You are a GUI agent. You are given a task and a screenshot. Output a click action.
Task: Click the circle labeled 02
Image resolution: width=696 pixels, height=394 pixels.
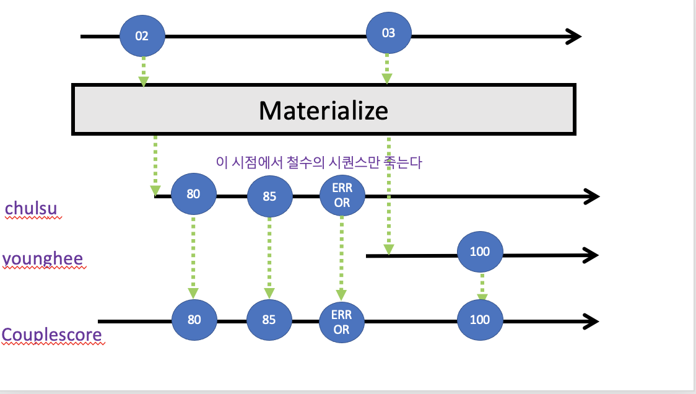142,35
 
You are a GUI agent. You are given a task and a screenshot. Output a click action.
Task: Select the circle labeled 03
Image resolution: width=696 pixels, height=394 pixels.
388,33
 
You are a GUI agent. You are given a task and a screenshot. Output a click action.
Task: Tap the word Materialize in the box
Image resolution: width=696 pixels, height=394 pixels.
323,110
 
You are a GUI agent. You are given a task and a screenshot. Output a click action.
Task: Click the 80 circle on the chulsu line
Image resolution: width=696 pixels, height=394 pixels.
193,194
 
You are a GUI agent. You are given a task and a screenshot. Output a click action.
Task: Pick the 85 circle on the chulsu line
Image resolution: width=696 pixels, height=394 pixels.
269,198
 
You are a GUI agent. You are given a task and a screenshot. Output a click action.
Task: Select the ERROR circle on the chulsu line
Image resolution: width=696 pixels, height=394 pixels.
342,196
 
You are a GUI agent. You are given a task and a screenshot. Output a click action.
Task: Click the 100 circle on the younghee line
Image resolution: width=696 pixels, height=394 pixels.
480,251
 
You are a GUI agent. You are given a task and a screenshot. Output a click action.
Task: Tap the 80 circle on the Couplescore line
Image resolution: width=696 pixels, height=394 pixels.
193,320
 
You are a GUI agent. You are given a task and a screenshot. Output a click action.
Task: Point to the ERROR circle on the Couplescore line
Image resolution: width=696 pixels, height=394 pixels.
342,322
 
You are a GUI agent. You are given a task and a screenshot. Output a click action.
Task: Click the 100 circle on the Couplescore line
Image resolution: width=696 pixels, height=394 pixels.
480,320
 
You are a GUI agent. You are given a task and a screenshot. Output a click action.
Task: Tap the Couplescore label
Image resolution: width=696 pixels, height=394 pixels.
51,335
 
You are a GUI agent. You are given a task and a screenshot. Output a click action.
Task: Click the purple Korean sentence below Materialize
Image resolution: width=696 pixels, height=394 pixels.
319,162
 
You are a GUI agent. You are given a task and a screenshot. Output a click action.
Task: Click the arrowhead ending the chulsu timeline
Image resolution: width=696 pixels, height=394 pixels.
591,197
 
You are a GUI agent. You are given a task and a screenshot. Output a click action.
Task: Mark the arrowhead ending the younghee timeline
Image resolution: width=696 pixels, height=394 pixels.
591,255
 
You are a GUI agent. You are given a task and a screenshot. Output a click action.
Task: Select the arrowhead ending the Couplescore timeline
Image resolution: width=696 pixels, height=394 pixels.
591,321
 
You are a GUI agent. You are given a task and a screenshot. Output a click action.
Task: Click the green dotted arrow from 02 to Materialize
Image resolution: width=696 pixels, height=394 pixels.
144,71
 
